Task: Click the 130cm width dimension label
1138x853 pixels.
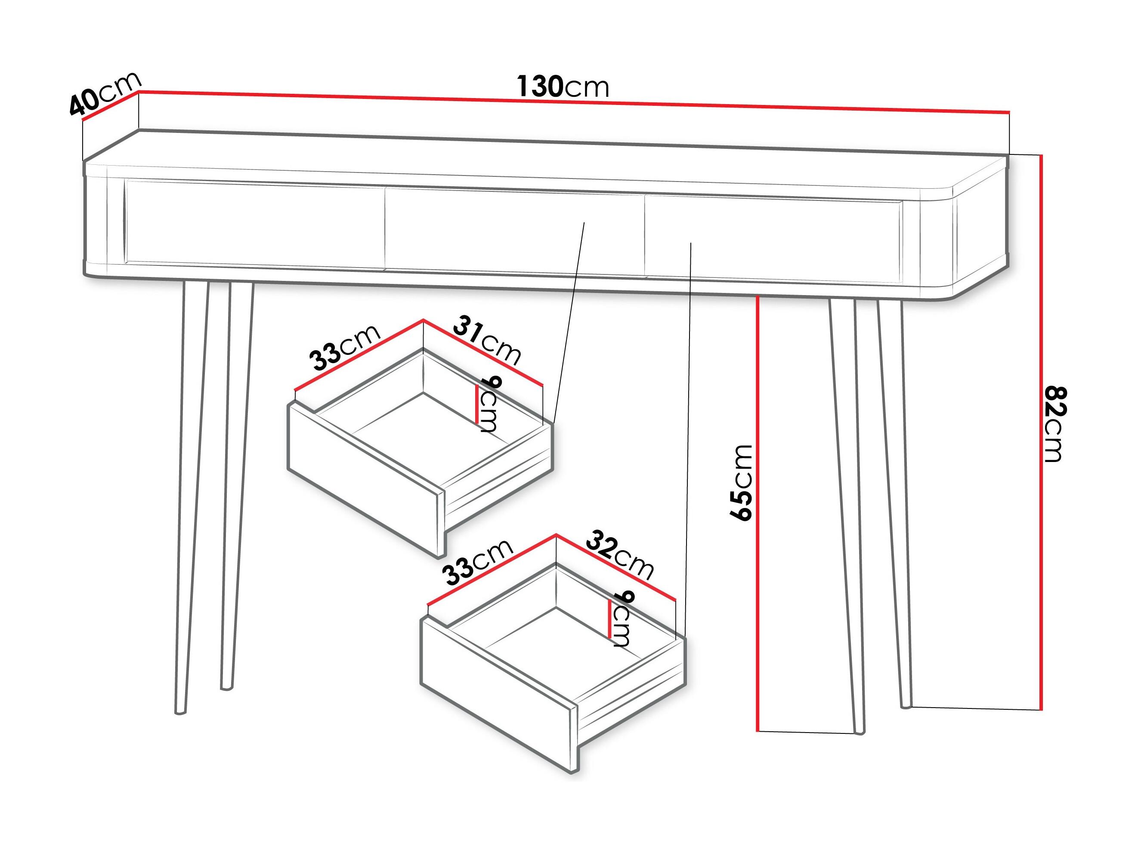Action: [x=562, y=86]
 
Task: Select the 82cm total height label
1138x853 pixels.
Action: [x=1055, y=424]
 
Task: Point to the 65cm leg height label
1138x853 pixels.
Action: [x=741, y=483]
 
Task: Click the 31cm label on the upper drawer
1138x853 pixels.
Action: [x=487, y=341]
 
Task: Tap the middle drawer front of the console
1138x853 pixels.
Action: [x=514, y=231]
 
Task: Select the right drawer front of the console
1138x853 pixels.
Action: [x=772, y=239]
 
